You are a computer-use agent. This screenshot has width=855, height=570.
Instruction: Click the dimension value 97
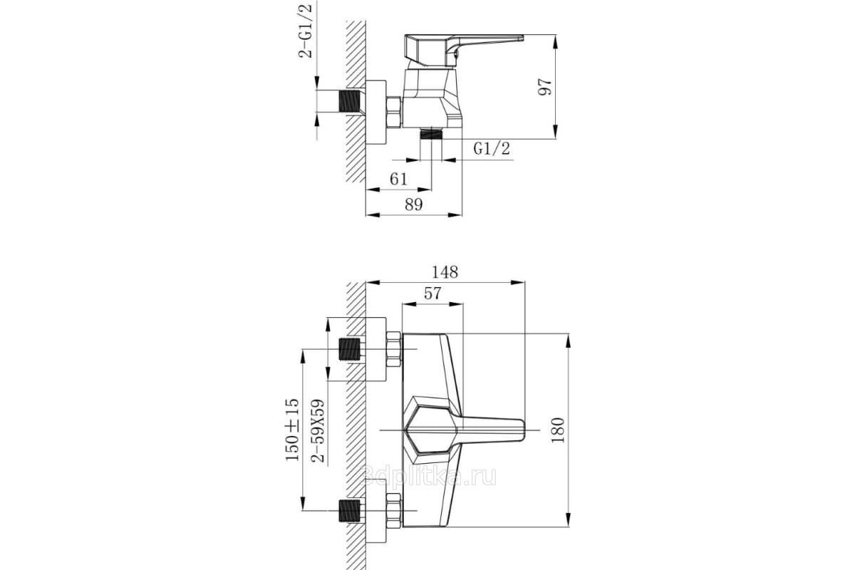point(544,87)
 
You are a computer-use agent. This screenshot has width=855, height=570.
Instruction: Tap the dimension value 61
point(398,179)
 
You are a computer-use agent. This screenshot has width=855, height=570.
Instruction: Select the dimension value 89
point(414,205)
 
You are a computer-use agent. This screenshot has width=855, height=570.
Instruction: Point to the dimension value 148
point(445,272)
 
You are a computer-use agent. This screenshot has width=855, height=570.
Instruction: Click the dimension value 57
point(432,294)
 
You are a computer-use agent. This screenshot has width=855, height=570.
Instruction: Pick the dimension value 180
point(558,430)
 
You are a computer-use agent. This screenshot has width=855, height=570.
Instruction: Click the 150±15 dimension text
point(292,430)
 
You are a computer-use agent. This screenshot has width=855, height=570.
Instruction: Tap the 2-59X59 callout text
point(318,430)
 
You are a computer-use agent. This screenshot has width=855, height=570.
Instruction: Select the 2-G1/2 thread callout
point(306,30)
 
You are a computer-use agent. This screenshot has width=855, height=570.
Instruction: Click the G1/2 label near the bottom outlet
point(492,148)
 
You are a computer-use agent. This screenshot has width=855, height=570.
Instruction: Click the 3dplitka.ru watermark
point(428,476)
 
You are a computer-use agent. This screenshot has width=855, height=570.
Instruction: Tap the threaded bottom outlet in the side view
point(431,135)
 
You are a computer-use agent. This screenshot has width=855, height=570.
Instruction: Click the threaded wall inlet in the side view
point(350,101)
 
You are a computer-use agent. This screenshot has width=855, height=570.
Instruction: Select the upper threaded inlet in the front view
point(350,349)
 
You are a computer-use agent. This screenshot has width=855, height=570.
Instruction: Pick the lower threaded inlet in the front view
point(350,510)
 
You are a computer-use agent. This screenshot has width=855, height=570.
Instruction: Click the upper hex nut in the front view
point(393,349)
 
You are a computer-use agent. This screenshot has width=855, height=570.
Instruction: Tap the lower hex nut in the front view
point(393,511)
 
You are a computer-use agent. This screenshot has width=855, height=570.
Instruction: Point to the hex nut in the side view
point(393,113)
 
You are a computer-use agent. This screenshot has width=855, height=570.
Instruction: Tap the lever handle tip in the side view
point(521,37)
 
